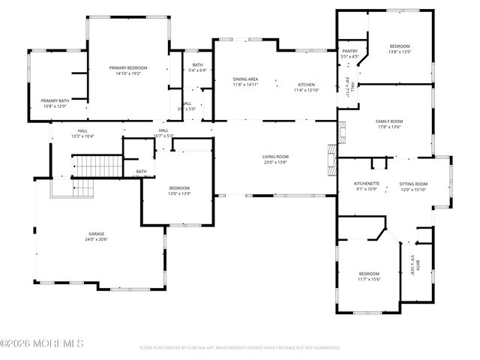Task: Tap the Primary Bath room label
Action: pyautogui.click(x=54, y=100)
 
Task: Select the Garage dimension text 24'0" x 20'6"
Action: pyautogui.click(x=97, y=239)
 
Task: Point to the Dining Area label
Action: pyautogui.click(x=245, y=79)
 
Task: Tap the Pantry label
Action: pyautogui.click(x=349, y=51)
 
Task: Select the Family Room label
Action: pyautogui.click(x=389, y=121)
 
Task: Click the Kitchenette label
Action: pyautogui.click(x=367, y=184)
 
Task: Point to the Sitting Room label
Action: pyautogui.click(x=412, y=184)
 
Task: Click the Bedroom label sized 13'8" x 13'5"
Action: pyautogui.click(x=400, y=46)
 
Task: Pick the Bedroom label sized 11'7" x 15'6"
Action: pyautogui.click(x=370, y=274)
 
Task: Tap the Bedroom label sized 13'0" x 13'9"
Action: pyautogui.click(x=179, y=187)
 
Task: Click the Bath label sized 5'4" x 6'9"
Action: pyautogui.click(x=198, y=65)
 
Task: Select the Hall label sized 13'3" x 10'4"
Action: pyautogui.click(x=82, y=130)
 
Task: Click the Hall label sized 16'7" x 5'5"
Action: pyautogui.click(x=163, y=130)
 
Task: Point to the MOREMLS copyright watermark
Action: pyautogui.click(x=43, y=343)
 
